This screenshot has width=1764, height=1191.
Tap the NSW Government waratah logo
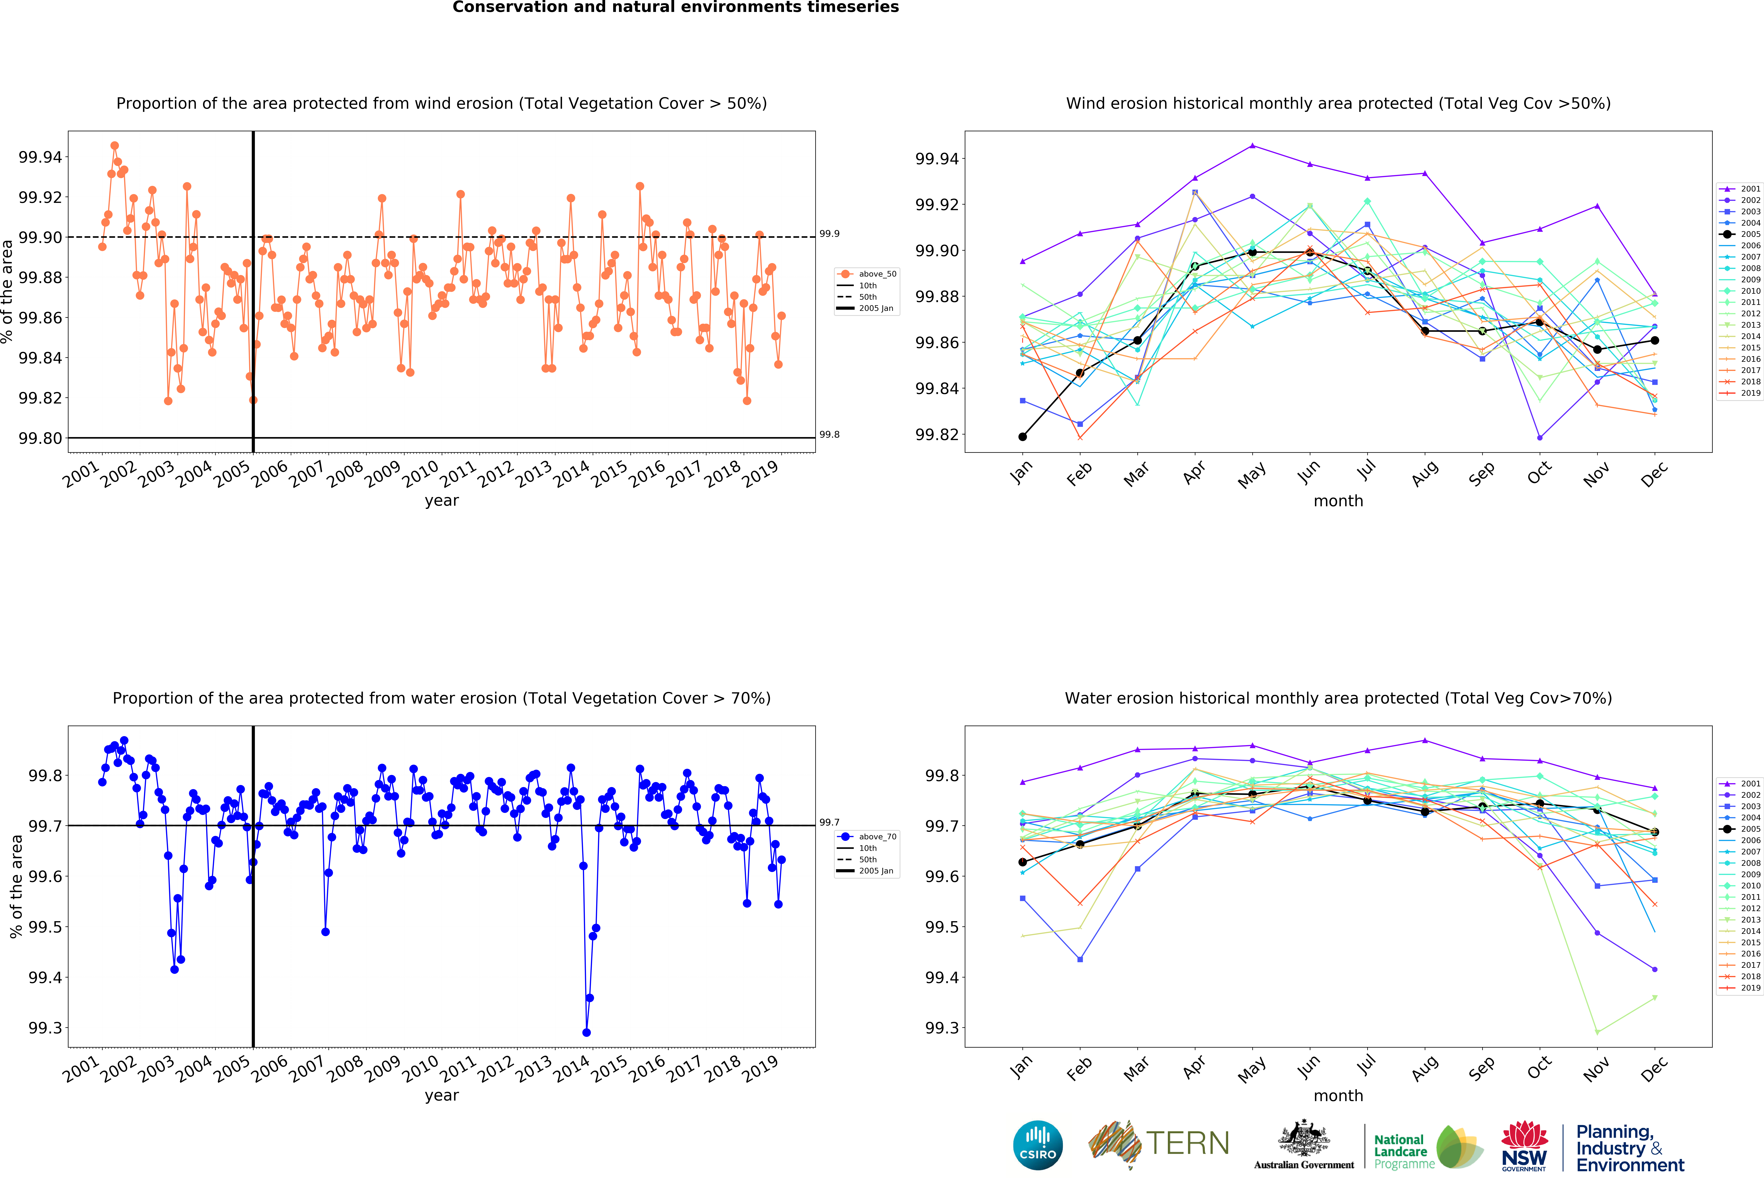coord(1524,1146)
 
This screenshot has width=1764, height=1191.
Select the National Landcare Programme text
coord(1404,1151)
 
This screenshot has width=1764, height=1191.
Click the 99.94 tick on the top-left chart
coord(40,157)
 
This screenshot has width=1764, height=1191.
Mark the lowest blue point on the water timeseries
coord(586,1032)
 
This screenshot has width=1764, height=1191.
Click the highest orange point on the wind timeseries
coord(115,146)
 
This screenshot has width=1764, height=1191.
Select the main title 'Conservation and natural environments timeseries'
coord(676,8)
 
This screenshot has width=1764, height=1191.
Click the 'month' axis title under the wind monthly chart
coord(1338,501)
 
